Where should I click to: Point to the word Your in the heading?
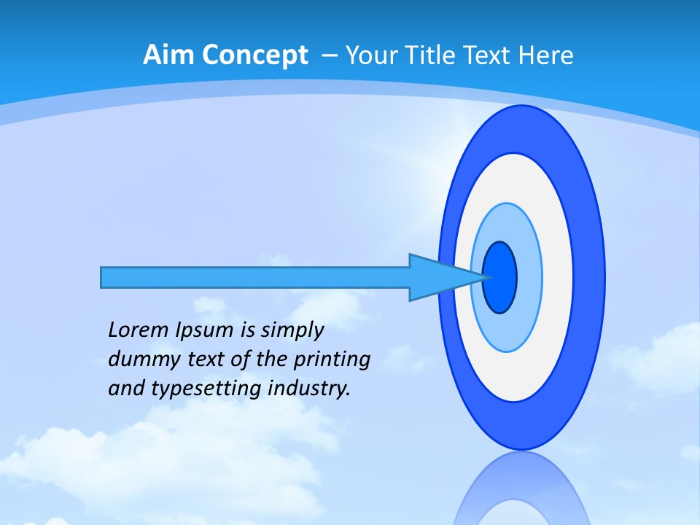(x=371, y=55)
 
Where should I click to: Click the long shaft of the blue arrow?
(x=255, y=277)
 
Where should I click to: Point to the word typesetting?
(x=196, y=389)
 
